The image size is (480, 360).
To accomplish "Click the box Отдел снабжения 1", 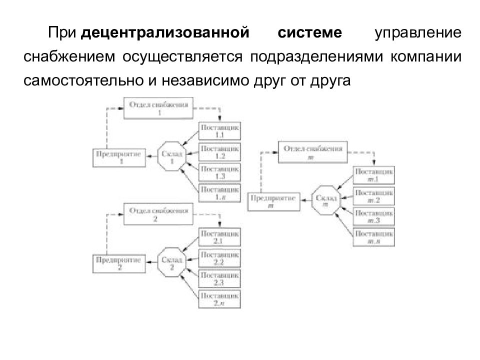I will [x=159, y=108].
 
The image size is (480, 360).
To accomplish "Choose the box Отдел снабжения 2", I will [x=158, y=215].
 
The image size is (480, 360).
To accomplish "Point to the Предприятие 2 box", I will [x=119, y=263].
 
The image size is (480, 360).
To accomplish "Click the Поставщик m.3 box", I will [x=373, y=216].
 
